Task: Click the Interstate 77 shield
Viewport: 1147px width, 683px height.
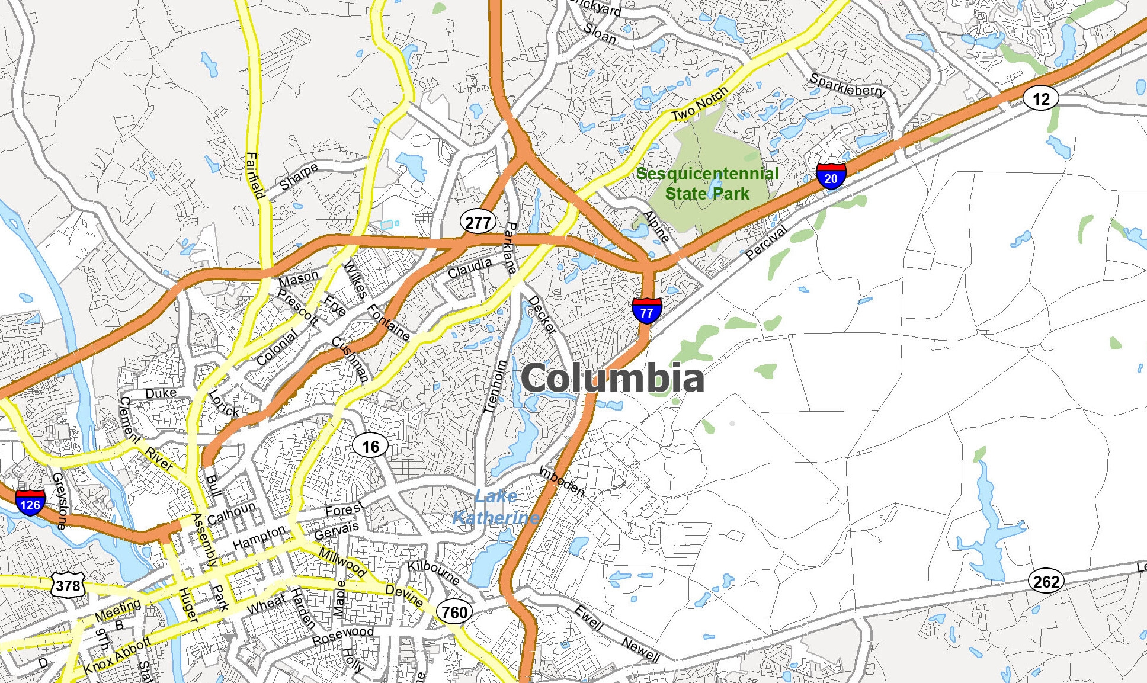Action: tap(646, 310)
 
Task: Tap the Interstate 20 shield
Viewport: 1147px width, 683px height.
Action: tap(831, 175)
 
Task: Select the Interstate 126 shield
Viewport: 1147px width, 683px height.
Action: tap(30, 503)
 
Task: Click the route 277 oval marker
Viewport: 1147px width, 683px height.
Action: tap(478, 222)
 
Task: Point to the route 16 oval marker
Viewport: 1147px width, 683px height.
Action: tap(370, 446)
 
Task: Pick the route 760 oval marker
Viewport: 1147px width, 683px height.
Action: tap(454, 611)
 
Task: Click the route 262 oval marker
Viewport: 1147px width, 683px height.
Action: tap(1046, 581)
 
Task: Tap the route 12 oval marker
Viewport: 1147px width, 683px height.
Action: tap(1041, 98)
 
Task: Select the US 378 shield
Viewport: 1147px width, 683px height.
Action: tap(68, 586)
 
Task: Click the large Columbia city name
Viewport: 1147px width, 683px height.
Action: tap(613, 378)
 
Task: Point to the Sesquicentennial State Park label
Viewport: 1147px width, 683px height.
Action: tap(707, 184)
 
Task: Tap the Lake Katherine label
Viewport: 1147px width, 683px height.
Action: tap(496, 507)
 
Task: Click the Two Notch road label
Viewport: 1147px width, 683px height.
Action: tap(699, 104)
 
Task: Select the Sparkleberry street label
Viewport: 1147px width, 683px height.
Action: tap(847, 85)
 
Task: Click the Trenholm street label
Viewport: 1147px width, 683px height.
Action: tap(495, 386)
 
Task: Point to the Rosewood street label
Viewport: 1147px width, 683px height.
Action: tap(343, 636)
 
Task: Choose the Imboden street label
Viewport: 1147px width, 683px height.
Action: tap(561, 481)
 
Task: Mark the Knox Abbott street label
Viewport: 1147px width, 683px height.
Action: tap(117, 656)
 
